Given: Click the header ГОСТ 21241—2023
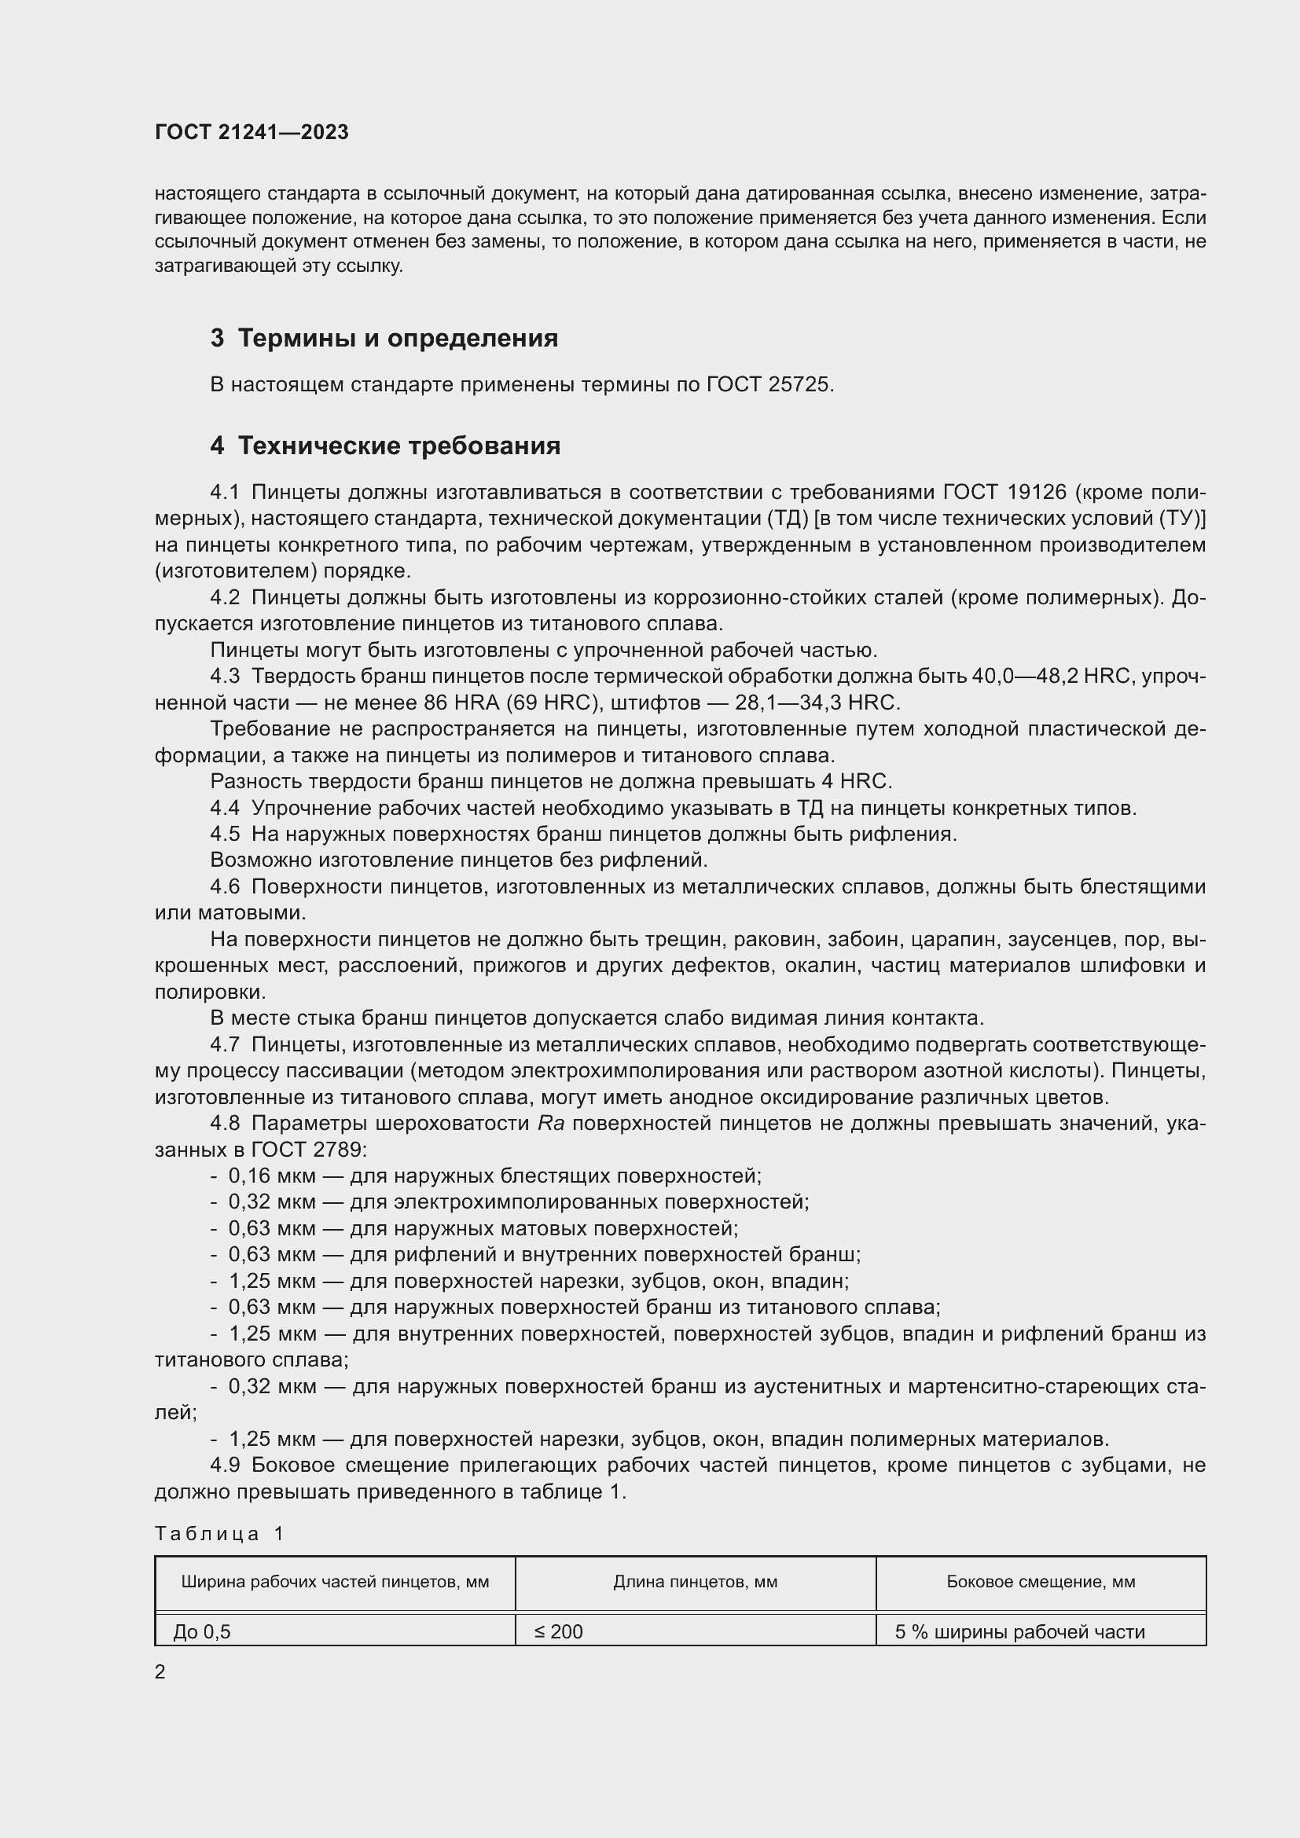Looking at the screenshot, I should (x=252, y=133).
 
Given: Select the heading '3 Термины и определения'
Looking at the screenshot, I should (x=384, y=339).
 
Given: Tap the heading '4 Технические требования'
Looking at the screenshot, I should (x=385, y=446).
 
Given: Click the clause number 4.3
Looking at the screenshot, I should (x=225, y=677).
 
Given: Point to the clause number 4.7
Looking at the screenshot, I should (x=225, y=1044).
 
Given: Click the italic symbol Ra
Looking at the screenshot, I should (x=552, y=1124).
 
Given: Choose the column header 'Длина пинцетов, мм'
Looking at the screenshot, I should (x=695, y=1582).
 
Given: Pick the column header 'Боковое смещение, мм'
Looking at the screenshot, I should (x=1040, y=1582).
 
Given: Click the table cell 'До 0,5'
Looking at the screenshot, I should (x=202, y=1631).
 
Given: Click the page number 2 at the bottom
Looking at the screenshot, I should (x=160, y=1672).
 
